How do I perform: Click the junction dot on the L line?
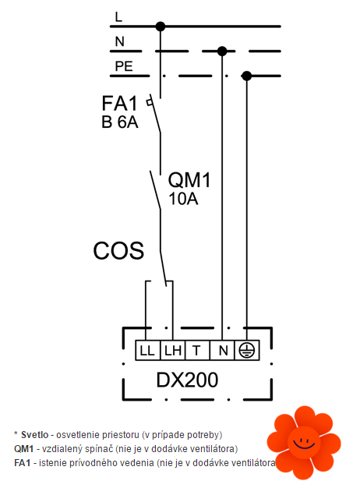coord(161,27)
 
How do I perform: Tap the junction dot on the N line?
coord(222,51)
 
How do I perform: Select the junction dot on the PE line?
coord(246,76)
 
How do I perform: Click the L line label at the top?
coord(118,16)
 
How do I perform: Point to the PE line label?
coord(124,66)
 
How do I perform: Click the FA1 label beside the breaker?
coord(119,103)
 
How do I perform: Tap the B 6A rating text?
coord(119,122)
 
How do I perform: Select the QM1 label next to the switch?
coord(189,180)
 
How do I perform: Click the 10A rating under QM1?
coord(183,199)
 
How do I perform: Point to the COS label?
coord(118,251)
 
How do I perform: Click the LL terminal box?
coord(148,351)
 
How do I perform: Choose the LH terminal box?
coord(173,351)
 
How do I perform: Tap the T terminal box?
coord(197,351)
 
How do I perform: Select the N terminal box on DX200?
coord(222,351)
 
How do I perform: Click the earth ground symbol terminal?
coord(247,351)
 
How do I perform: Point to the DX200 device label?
coord(187,380)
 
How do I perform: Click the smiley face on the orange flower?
coord(304,442)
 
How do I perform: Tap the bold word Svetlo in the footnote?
coord(35,435)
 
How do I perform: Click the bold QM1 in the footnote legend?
coord(24,449)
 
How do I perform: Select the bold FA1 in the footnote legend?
coord(23,463)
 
